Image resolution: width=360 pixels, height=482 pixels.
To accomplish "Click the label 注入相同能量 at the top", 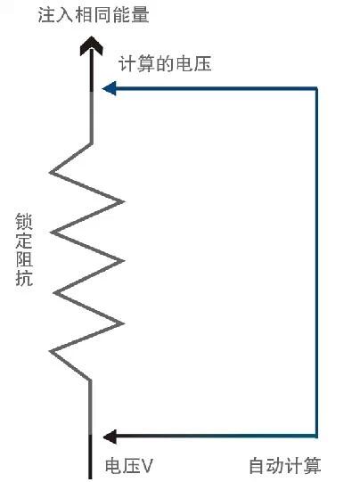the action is click(x=94, y=15).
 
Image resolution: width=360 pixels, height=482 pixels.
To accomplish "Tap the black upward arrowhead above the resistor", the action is click(x=91, y=46).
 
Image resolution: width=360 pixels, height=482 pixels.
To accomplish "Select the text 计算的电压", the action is click(x=165, y=64).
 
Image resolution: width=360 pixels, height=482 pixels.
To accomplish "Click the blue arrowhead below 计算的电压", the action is click(x=109, y=88).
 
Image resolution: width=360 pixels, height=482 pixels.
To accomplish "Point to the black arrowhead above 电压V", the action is click(x=110, y=437).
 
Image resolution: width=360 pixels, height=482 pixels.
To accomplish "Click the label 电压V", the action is click(x=129, y=465).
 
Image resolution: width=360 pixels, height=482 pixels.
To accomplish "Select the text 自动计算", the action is click(x=285, y=465).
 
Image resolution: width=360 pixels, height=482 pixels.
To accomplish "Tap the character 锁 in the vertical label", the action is click(x=24, y=222).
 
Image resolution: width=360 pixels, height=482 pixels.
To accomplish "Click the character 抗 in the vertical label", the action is click(x=24, y=278).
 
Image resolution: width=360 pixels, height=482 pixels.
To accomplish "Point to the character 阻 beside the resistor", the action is click(x=24, y=259).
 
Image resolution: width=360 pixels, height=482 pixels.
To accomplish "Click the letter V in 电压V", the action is click(x=147, y=466).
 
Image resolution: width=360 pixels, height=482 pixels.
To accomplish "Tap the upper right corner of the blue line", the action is click(x=316, y=89).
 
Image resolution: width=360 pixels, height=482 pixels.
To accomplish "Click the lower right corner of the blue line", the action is click(x=316, y=437).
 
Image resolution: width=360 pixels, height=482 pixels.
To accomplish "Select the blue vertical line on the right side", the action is click(x=316, y=263).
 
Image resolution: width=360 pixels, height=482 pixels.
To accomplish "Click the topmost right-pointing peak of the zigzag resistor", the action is click(x=123, y=202).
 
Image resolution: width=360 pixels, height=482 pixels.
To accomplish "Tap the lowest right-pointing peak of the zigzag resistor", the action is click(x=123, y=323).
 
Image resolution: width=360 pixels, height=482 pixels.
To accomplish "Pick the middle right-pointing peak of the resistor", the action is click(x=123, y=261).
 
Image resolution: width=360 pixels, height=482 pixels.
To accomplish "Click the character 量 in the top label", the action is click(x=141, y=15).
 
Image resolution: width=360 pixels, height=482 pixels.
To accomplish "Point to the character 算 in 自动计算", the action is click(x=313, y=465).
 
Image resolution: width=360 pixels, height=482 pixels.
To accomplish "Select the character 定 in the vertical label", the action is click(x=24, y=241).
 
